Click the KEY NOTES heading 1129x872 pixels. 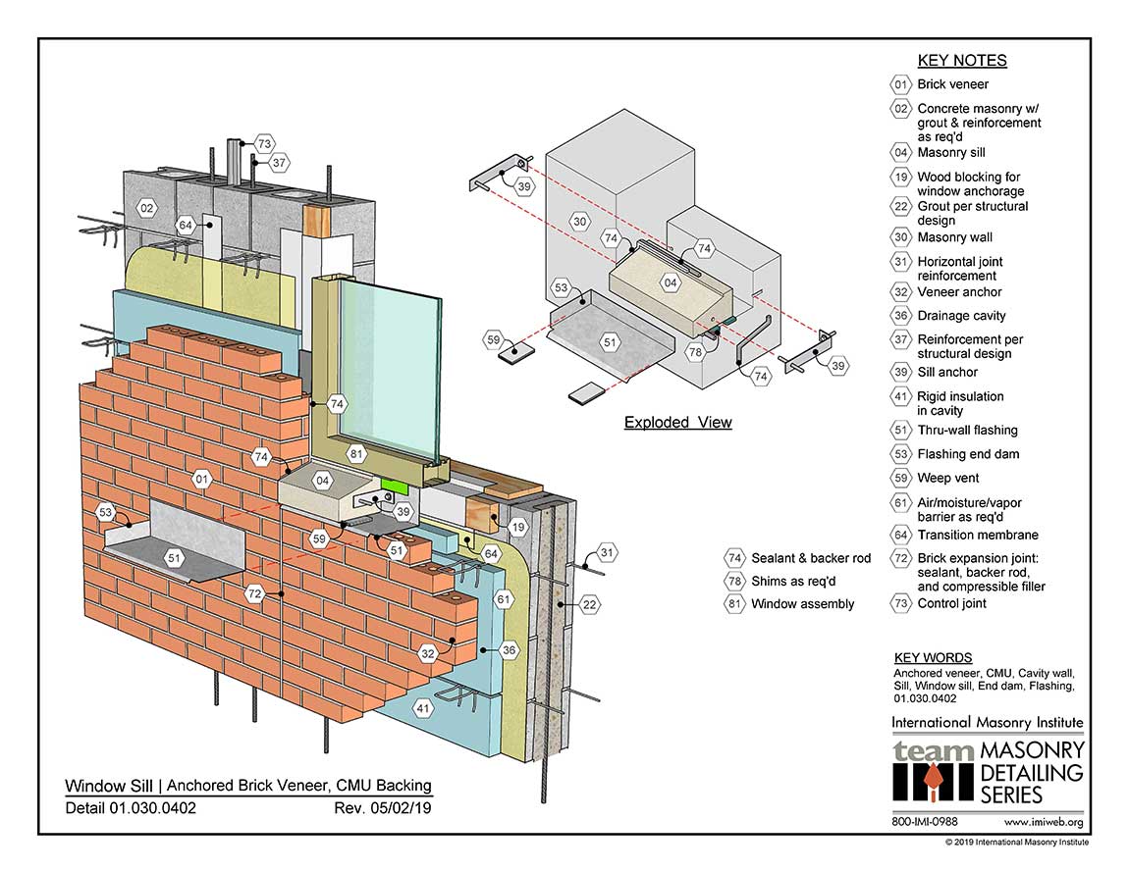click(x=961, y=60)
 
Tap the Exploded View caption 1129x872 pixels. click(x=677, y=423)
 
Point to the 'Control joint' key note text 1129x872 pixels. click(x=951, y=603)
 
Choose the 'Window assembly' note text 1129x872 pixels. click(x=802, y=604)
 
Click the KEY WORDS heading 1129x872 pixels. click(x=933, y=658)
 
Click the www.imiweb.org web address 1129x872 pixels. click(x=1045, y=822)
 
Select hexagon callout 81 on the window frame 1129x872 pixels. click(x=356, y=453)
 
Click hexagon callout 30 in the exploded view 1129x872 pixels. click(x=579, y=223)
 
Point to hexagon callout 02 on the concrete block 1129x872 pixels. click(x=146, y=209)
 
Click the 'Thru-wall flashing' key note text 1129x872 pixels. click(x=967, y=430)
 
